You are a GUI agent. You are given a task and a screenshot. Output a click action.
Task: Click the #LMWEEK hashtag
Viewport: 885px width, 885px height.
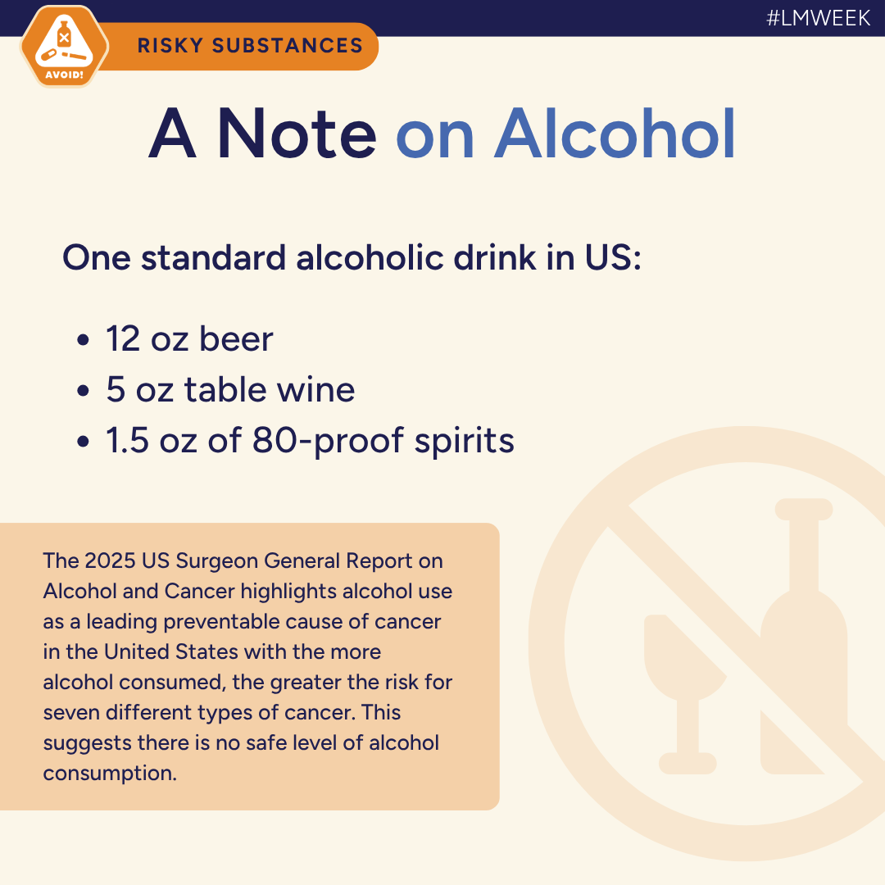pos(818,18)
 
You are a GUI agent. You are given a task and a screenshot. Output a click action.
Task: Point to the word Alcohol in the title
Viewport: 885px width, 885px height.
pos(615,134)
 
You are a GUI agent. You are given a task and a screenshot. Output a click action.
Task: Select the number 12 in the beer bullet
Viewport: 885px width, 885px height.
pos(123,338)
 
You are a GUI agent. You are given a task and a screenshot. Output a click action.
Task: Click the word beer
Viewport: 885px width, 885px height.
pos(238,338)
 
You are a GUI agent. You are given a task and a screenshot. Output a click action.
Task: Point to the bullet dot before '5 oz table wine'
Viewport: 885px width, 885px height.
pos(83,391)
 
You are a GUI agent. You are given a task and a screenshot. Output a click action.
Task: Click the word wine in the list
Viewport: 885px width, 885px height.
pos(318,389)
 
